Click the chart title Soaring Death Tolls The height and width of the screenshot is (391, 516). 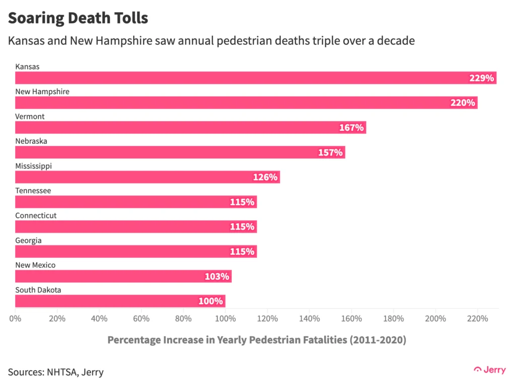[78, 18]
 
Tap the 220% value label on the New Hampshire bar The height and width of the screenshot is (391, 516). [463, 103]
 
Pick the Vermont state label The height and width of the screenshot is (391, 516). [30, 116]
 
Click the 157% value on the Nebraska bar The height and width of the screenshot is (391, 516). [330, 152]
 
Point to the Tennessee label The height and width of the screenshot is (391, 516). [33, 191]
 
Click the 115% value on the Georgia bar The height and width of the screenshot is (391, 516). [242, 252]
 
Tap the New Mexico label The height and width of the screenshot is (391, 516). [35, 265]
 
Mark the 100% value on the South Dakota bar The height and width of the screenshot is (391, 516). [210, 301]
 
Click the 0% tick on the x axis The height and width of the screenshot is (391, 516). [15, 319]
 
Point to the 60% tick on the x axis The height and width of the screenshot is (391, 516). [141, 319]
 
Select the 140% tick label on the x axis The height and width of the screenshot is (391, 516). [309, 319]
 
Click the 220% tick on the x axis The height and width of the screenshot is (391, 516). [478, 319]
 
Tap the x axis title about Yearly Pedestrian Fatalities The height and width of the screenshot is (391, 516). [256, 340]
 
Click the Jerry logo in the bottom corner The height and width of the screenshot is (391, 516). [490, 370]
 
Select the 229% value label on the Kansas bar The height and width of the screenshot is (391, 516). [481, 78]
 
